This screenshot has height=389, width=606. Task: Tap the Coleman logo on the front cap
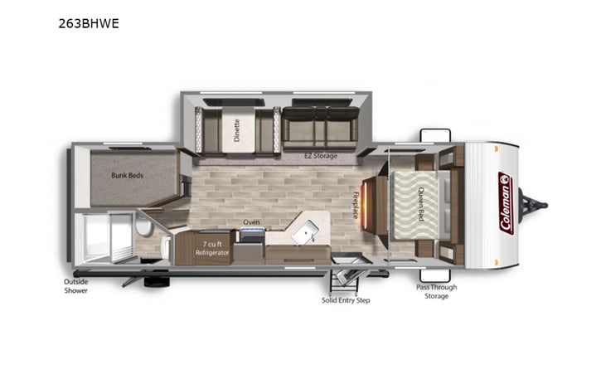point(505,203)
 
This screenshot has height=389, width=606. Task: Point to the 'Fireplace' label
point(356,202)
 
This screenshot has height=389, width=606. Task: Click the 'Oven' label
point(252,222)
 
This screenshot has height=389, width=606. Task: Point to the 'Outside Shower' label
point(76,286)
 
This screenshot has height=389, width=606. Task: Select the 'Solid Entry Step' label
point(346,299)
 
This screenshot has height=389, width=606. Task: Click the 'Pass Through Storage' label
point(436,291)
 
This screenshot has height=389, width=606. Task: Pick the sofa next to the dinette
point(318,126)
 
